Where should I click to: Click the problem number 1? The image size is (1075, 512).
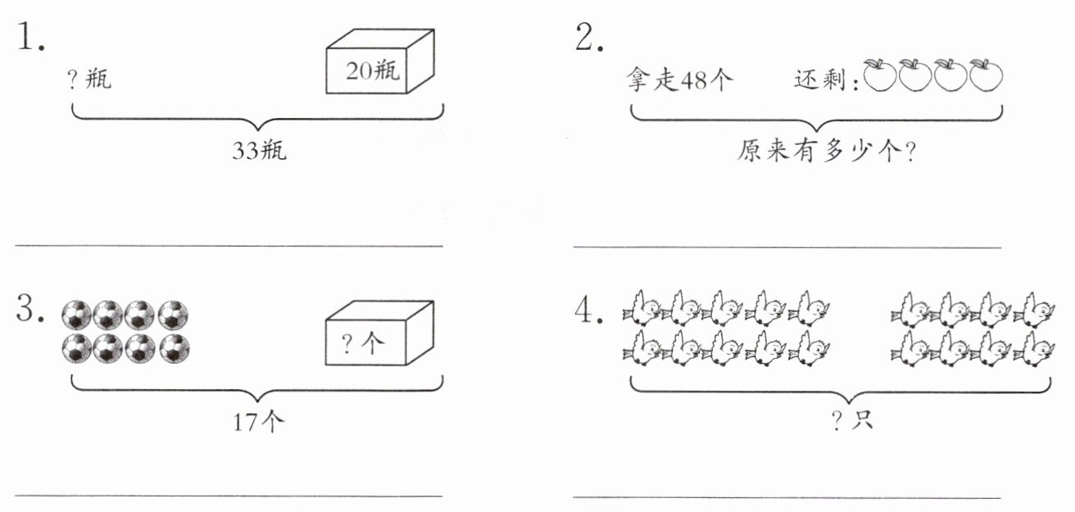click(x=31, y=36)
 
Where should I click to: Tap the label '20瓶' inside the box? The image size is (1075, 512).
click(x=373, y=71)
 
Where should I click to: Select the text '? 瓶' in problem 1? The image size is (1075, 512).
click(x=90, y=78)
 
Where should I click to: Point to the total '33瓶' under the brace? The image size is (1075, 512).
click(x=259, y=150)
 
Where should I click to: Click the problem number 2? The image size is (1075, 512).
click(x=589, y=37)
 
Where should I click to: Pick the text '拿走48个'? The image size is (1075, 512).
click(x=679, y=79)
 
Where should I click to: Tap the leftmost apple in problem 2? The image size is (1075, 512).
click(x=879, y=75)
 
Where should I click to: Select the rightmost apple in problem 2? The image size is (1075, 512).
click(x=986, y=75)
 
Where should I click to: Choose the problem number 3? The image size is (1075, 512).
click(x=30, y=308)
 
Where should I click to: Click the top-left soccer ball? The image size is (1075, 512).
click(x=76, y=315)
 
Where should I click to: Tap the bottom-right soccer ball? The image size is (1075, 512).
click(x=175, y=348)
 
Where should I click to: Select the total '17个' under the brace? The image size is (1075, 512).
click(x=259, y=422)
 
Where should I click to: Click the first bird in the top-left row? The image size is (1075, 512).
click(x=642, y=308)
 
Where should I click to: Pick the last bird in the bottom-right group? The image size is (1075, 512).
click(x=1034, y=349)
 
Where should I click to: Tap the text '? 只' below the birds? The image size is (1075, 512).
click(x=852, y=421)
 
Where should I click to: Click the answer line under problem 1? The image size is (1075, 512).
click(x=229, y=246)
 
